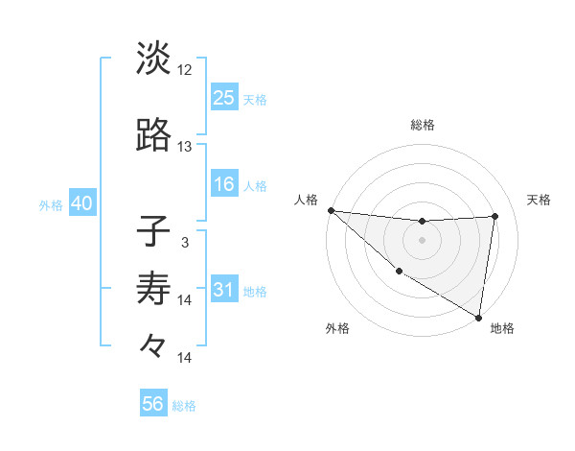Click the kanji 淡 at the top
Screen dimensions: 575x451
pos(153,59)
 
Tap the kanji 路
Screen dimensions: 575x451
pos(153,135)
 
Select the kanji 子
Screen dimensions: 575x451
pos(153,231)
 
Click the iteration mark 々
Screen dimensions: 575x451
pos(153,344)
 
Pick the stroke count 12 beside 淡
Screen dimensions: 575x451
pos(185,70)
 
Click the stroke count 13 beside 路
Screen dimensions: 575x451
pos(185,147)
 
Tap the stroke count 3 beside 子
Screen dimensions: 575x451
pos(185,242)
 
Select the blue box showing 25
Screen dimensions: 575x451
pos(224,98)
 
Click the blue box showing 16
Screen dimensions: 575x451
pos(224,184)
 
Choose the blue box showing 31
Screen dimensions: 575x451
pos(224,291)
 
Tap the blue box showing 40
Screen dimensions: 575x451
pos(81,204)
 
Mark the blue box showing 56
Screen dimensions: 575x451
pos(153,404)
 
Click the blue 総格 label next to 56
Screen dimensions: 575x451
pos(184,406)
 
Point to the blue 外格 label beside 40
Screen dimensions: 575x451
pos(51,205)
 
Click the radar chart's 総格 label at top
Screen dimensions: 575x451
pos(422,125)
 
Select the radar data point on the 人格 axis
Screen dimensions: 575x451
pos(330,210)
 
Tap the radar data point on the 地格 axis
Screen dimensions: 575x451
pos(478,317)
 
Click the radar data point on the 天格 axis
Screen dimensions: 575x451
pos(494,216)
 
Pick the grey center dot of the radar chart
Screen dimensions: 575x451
pos(422,240)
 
